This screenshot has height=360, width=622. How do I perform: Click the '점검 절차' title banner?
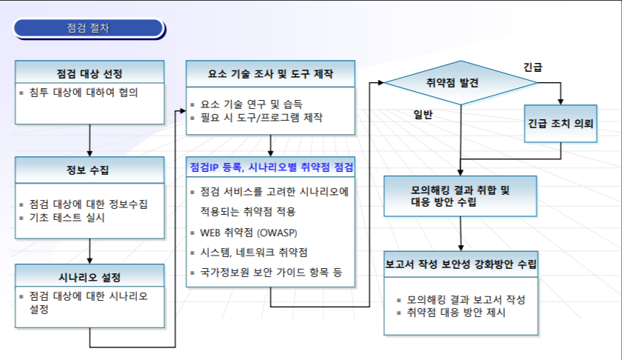[x=89, y=29]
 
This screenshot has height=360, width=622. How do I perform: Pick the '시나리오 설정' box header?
[x=89, y=277]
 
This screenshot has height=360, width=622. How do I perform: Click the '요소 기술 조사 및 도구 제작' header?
[x=271, y=74]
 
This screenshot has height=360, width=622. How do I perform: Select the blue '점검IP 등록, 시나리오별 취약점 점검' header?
[x=271, y=167]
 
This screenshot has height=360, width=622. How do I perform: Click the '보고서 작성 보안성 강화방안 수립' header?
[x=461, y=263]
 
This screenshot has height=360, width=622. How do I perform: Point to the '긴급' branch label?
[x=532, y=67]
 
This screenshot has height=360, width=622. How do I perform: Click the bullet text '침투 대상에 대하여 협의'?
[x=84, y=93]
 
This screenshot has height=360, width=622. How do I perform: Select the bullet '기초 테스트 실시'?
[x=67, y=218]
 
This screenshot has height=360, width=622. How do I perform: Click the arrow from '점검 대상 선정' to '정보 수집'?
[x=90, y=140]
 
